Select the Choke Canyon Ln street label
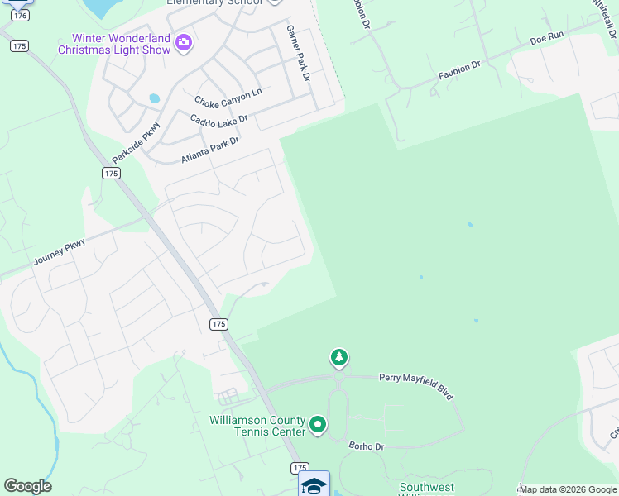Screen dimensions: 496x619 click(228, 97)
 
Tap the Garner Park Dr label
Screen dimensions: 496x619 click(297, 52)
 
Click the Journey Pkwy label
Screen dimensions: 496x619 click(60, 252)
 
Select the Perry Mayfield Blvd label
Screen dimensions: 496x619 click(416, 385)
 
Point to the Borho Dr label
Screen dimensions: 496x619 click(367, 446)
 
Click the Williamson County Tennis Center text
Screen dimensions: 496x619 click(257, 426)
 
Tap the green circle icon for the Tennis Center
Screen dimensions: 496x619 click(317, 426)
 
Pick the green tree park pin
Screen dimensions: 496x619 click(338, 357)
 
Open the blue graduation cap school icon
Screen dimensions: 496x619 click(314, 484)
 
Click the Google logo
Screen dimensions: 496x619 click(27, 486)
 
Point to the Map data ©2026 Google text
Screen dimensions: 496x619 click(568, 489)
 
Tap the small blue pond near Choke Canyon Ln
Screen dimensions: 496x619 click(154, 98)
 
